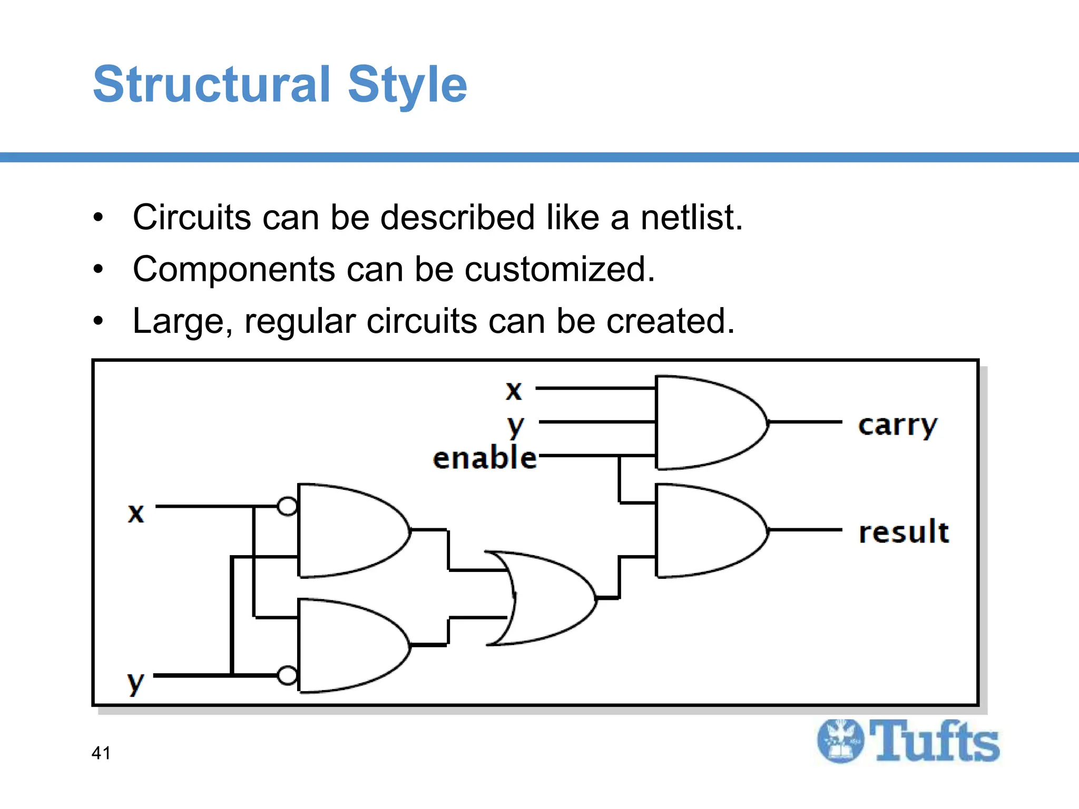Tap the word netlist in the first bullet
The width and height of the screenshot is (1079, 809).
tap(691, 217)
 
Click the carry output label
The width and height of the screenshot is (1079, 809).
tap(898, 425)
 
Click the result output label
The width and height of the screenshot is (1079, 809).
tap(904, 532)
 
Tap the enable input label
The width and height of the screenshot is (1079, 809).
tap(484, 457)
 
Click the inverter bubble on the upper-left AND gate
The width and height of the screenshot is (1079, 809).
tap(287, 507)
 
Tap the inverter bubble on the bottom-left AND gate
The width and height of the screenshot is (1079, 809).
tap(287, 675)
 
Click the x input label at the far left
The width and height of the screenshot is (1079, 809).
tap(136, 512)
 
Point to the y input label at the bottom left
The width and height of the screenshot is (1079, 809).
tap(135, 683)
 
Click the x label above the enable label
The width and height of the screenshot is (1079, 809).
tap(514, 390)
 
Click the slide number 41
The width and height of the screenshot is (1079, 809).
tap(101, 753)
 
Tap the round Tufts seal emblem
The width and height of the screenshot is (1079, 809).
tap(840, 741)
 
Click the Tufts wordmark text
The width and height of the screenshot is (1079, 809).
tap(934, 742)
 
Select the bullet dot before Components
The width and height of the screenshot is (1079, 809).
tap(98, 270)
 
